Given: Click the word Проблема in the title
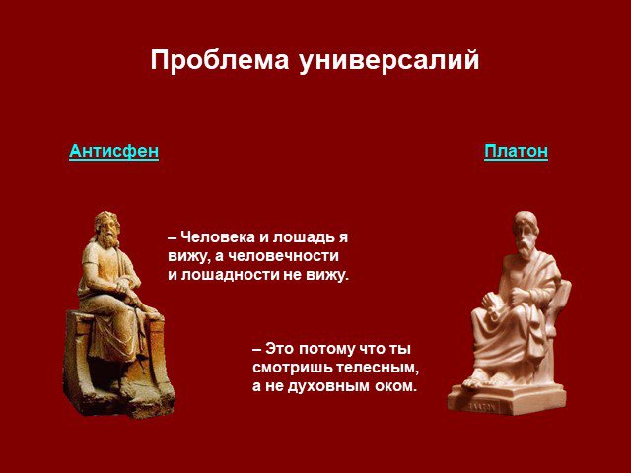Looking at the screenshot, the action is pyautogui.click(x=220, y=61).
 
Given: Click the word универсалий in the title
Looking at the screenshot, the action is pyautogui.click(x=388, y=61).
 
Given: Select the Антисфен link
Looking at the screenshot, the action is pyautogui.click(x=114, y=151).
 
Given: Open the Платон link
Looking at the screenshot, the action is pyautogui.click(x=516, y=151).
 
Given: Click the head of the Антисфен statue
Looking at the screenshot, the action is pyautogui.click(x=106, y=229).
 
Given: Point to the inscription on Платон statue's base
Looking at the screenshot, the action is pyautogui.click(x=481, y=407).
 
